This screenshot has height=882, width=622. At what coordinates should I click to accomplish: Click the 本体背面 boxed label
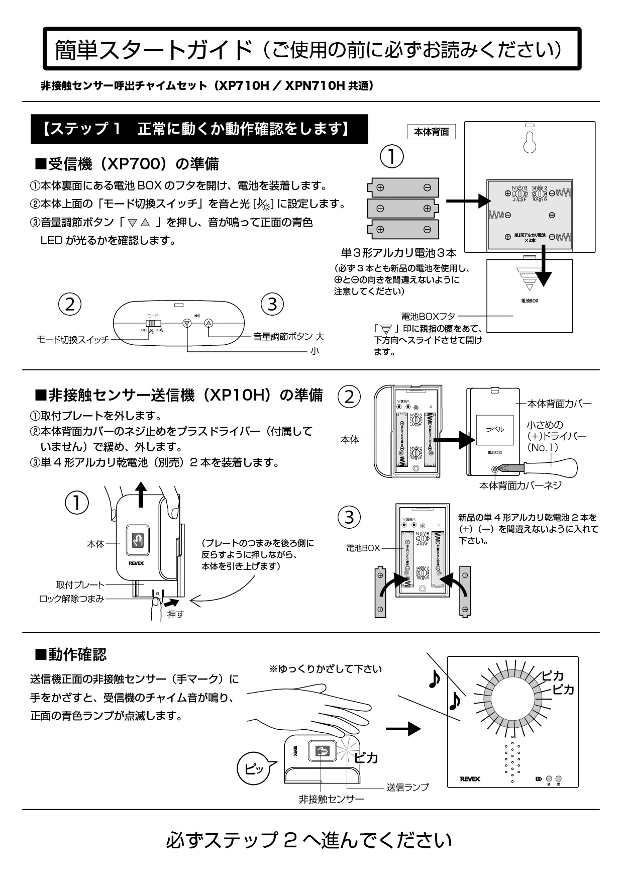pyautogui.click(x=431, y=132)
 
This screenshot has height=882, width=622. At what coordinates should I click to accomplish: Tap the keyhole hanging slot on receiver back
pyautogui.click(x=530, y=142)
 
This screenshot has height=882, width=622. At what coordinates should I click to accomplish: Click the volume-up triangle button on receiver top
pyautogui.click(x=209, y=323)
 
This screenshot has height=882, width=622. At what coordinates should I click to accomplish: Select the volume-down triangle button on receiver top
pyautogui.click(x=187, y=323)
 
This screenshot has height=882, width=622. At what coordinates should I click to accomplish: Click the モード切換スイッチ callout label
pyautogui.click(x=73, y=340)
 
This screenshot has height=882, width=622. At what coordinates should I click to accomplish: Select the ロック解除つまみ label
pyautogui.click(x=72, y=599)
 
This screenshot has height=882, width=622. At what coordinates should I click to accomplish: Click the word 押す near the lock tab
pyautogui.click(x=175, y=614)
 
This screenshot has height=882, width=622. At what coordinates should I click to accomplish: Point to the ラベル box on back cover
pyautogui.click(x=494, y=429)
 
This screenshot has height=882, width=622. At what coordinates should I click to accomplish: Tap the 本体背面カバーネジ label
pyautogui.click(x=520, y=485)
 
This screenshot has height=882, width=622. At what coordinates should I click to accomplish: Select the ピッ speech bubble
pyautogui.click(x=252, y=768)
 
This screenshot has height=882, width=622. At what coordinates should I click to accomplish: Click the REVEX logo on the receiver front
pyautogui.click(x=470, y=779)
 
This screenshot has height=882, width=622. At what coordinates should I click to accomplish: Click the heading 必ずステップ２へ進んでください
pyautogui.click(x=308, y=840)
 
